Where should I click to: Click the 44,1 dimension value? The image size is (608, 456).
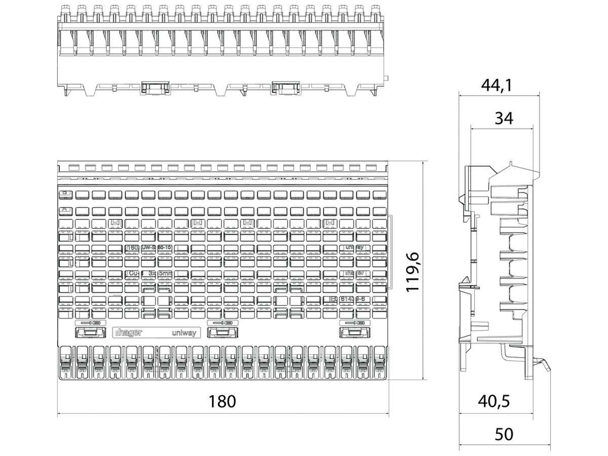pyautogui.click(x=496, y=85)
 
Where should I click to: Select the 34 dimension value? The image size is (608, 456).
pyautogui.click(x=503, y=118)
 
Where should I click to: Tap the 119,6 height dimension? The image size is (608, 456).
pyautogui.click(x=415, y=273)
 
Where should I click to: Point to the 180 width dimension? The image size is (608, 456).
pyautogui.click(x=223, y=401)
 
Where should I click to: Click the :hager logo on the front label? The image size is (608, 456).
pyautogui.click(x=129, y=333)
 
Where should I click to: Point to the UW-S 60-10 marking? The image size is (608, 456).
pyautogui.click(x=156, y=247)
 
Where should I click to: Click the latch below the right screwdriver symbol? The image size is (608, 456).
pyautogui.click(x=353, y=332)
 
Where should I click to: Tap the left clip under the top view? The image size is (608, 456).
pyautogui.click(x=155, y=87)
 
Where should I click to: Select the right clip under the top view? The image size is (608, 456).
pyautogui.click(x=286, y=87)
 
